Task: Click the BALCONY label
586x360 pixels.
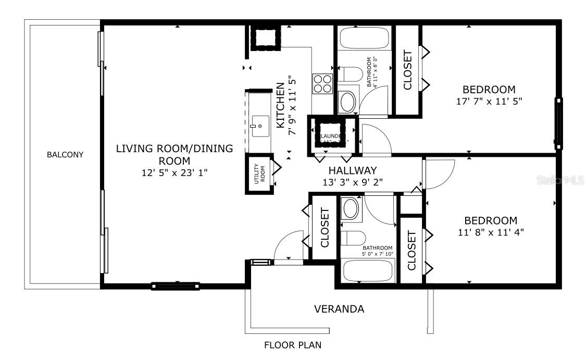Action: [x=65, y=155]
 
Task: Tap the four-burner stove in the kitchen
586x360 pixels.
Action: [x=322, y=83]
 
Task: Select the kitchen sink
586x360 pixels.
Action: [x=259, y=126]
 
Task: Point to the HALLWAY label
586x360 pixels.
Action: [x=353, y=170]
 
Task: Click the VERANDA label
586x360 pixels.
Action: [x=339, y=309]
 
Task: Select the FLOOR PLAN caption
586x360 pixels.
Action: [x=293, y=345]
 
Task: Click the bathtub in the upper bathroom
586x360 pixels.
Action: [x=365, y=39]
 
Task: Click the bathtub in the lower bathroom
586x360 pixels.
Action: [x=368, y=271]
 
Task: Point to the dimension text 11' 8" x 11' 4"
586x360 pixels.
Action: [x=491, y=232]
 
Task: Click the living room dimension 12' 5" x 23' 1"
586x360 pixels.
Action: [x=174, y=173]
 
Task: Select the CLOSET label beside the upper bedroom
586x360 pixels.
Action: [x=408, y=70]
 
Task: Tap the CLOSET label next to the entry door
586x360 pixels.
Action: [x=325, y=228]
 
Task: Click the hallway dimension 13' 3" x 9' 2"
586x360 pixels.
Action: [x=353, y=182]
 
